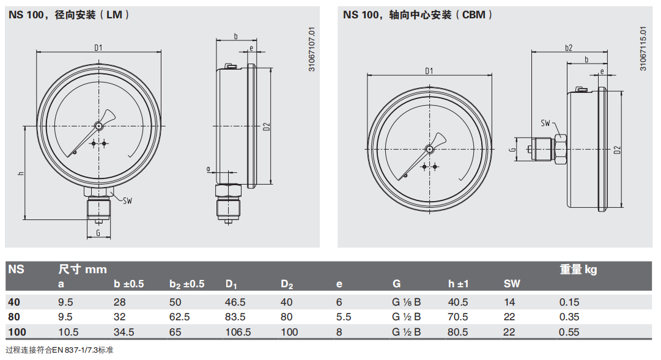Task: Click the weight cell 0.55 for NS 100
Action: pyautogui.click(x=569, y=332)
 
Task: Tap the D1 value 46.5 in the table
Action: pyautogui.click(x=235, y=302)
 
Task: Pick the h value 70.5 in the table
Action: pyautogui.click(x=458, y=317)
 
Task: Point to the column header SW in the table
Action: pyautogui.click(x=512, y=284)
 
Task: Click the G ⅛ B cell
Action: pyautogui.click(x=407, y=302)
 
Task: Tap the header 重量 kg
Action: pyautogui.click(x=578, y=269)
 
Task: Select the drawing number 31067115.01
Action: pyautogui.click(x=643, y=48)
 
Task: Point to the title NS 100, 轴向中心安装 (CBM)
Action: pyautogui.click(x=418, y=15)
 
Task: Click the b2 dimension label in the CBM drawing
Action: pyautogui.click(x=569, y=48)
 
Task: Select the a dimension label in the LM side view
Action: pyautogui.click(x=208, y=168)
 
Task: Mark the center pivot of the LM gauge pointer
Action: pyautogui.click(x=98, y=126)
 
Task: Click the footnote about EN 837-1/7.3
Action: pyautogui.click(x=60, y=350)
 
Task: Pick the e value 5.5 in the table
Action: pyautogui.click(x=344, y=317)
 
